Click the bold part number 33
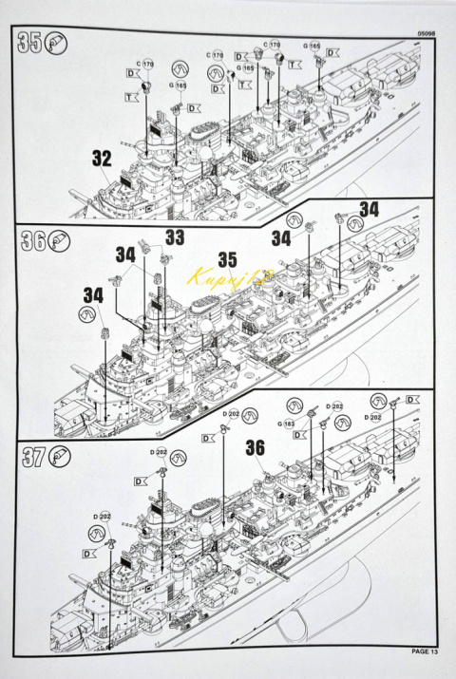pyautogui.click(x=175, y=237)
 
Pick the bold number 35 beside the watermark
pyautogui.click(x=227, y=258)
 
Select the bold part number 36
pyautogui.click(x=255, y=445)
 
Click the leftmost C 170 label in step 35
pyautogui.click(x=144, y=63)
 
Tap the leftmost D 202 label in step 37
pyautogui.click(x=102, y=516)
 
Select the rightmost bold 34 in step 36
pyautogui.click(x=369, y=209)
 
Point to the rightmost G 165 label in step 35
pyautogui.click(x=312, y=45)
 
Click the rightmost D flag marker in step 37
pyautogui.click(x=412, y=400)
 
